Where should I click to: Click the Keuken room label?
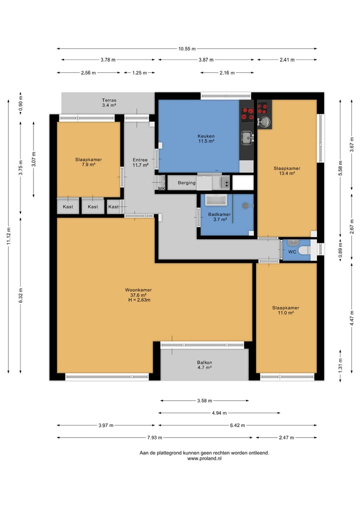[206, 139]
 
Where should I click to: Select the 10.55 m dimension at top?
[187, 49]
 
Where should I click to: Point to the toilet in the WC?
[304, 250]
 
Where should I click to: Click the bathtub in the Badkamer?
[215, 200]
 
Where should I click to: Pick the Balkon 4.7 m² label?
[204, 365]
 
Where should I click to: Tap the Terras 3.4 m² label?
[109, 103]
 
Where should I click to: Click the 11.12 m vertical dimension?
[9, 236]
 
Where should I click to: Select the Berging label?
[186, 183]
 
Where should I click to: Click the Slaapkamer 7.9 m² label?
[88, 162]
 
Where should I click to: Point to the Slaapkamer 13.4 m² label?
[286, 171]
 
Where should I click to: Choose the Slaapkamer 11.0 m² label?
[285, 310]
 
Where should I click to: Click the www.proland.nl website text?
[204, 459]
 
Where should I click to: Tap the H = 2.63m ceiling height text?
[139, 300]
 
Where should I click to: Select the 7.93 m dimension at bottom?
[154, 438]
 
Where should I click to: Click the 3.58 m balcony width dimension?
[204, 401]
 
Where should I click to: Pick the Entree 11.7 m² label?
[140, 162]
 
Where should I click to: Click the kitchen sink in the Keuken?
[246, 137]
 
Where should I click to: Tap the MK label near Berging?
[161, 188]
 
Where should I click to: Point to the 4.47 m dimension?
[352, 318]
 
